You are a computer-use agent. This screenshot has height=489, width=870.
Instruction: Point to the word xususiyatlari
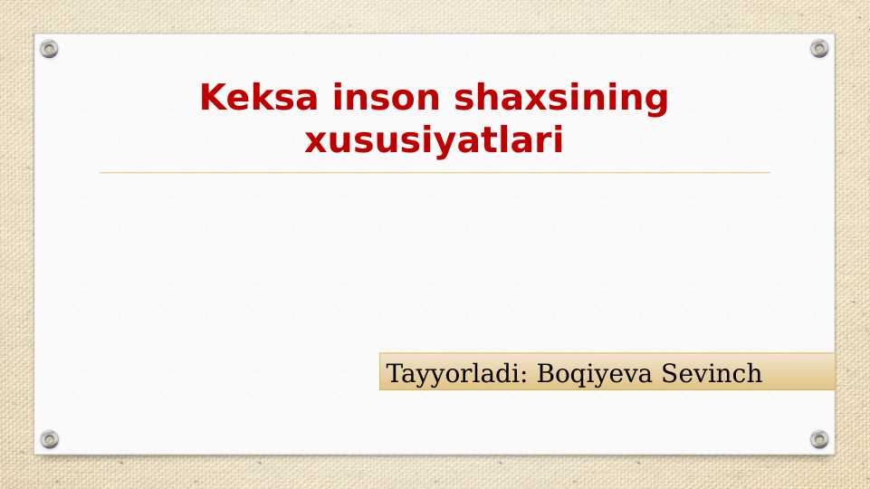click(435, 141)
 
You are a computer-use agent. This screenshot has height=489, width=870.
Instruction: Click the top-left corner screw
click(50, 49)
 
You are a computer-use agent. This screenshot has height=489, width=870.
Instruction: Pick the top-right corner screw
click(819, 49)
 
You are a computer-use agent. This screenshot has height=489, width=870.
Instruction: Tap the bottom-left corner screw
click(50, 439)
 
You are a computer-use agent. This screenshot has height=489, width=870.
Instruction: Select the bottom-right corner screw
click(819, 439)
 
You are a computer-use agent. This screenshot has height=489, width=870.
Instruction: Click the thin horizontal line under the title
click(435, 172)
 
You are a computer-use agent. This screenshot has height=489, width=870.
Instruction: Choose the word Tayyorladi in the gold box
click(457, 373)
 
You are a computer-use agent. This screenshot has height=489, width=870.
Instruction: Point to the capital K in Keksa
click(211, 98)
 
